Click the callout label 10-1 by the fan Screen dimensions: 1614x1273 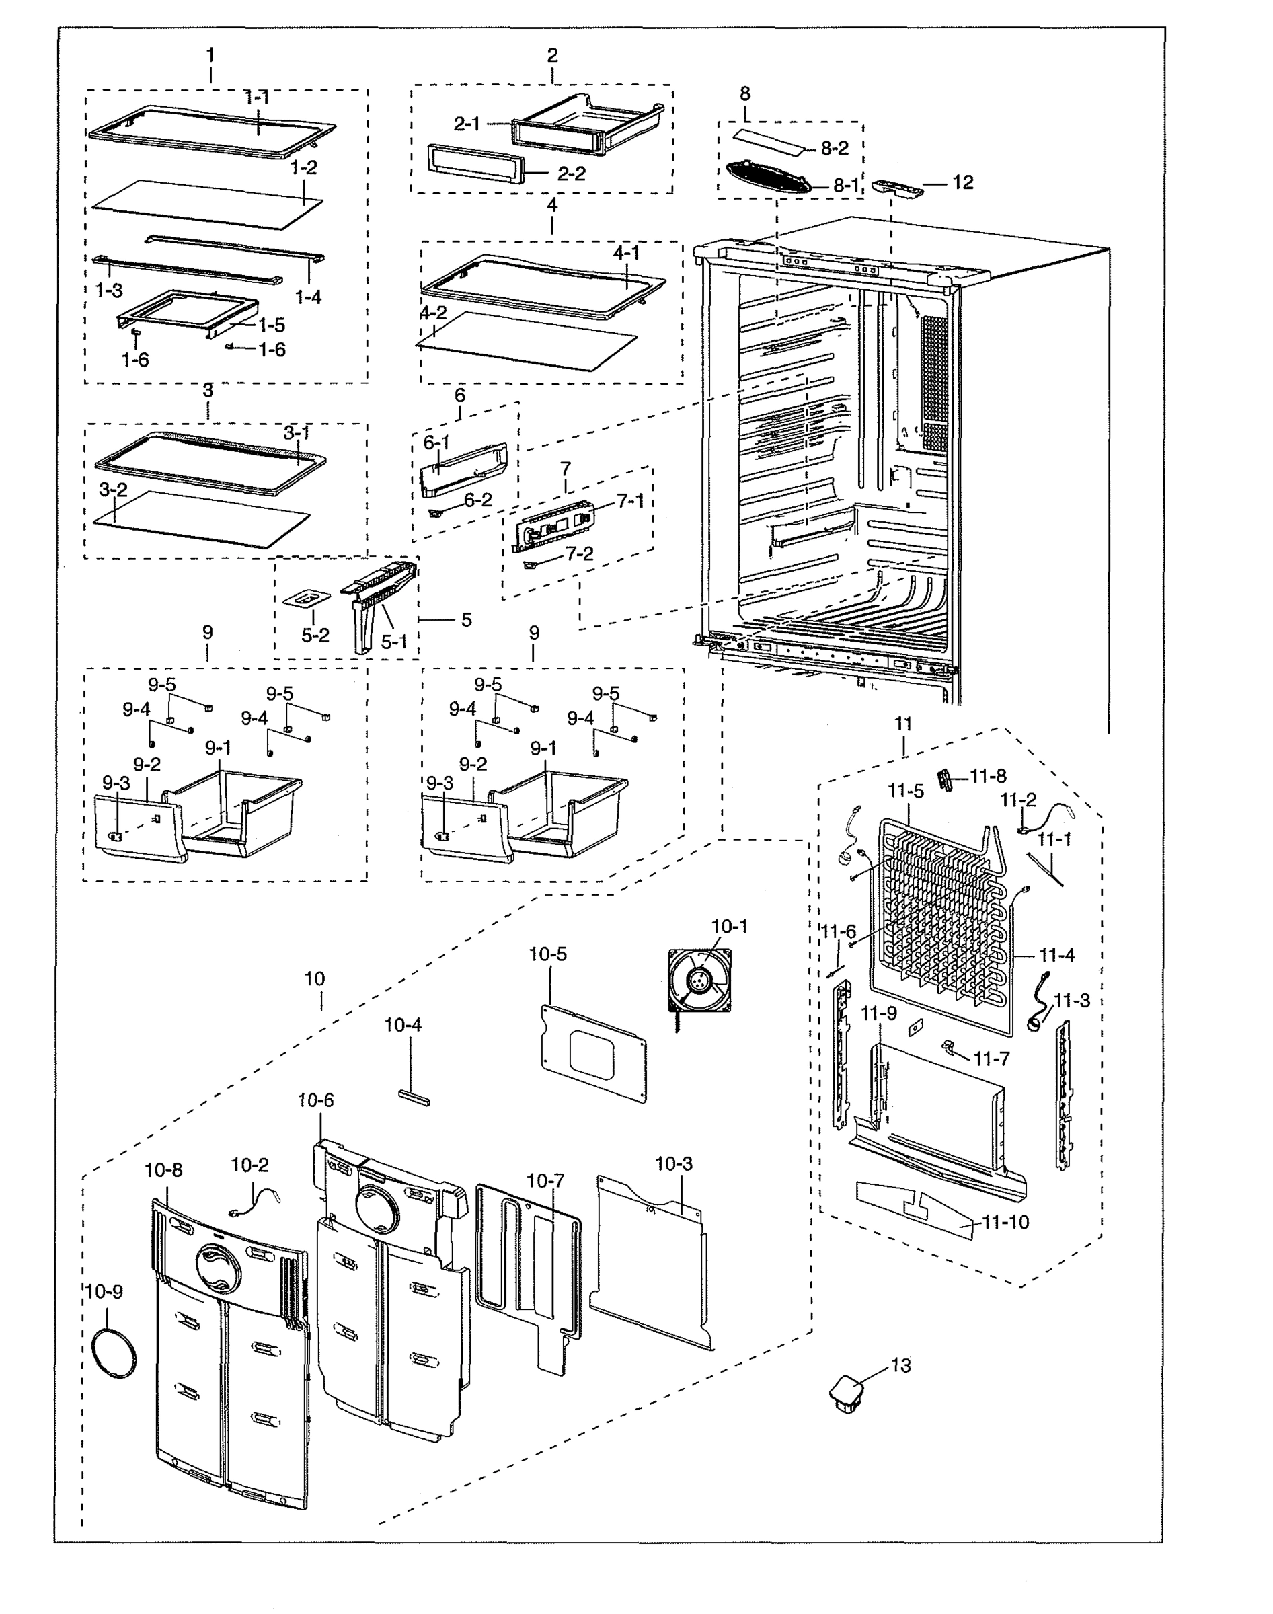(728, 926)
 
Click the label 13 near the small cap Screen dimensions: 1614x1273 (900, 1365)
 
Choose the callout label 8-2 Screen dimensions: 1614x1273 (834, 148)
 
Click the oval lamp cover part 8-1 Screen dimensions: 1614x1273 (766, 178)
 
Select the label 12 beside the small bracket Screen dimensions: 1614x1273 (962, 182)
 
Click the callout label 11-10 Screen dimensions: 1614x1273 (1005, 1222)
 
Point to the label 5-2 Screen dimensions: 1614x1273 (315, 635)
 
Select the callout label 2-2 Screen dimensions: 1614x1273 (571, 174)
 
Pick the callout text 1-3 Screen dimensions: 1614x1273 (109, 291)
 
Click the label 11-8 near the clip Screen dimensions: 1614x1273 (988, 777)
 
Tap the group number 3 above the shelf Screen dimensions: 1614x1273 (208, 391)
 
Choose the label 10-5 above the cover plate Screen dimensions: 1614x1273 (548, 954)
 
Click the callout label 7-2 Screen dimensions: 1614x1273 (579, 553)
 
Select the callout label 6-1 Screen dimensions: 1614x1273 (436, 443)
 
